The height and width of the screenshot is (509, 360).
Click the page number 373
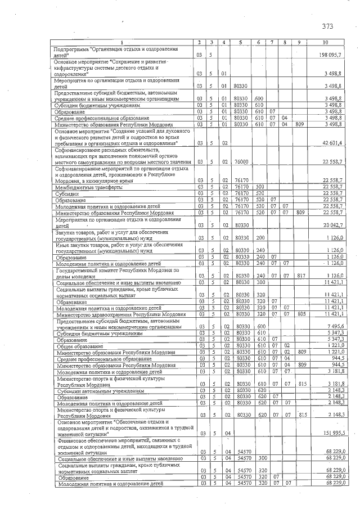pyautogui.click(x=327, y=26)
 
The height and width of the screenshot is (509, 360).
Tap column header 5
pyautogui.click(x=240, y=43)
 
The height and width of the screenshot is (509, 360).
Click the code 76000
pyautogui.click(x=241, y=162)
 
